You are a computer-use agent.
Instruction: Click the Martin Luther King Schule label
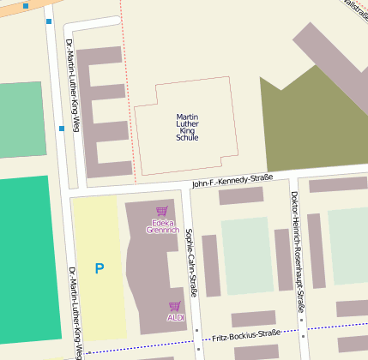[187, 127]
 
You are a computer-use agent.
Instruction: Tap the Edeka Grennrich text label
[162, 226]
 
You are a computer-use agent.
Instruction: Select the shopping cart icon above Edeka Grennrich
[161, 212]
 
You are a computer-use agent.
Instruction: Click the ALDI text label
[175, 318]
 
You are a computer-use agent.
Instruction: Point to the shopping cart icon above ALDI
[175, 306]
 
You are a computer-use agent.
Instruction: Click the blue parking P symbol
[100, 268]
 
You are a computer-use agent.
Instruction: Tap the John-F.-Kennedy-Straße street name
[232, 180]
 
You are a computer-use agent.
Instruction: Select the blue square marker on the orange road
[26, 6]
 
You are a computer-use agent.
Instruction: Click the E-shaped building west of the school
[92, 111]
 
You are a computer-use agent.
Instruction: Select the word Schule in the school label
[187, 137]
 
